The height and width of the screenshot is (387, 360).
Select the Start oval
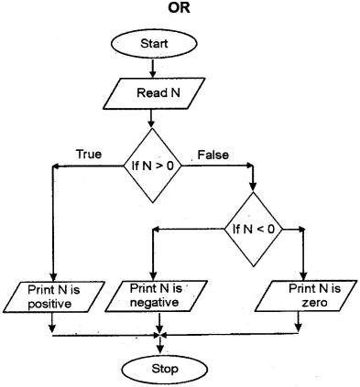pyautogui.click(x=161, y=43)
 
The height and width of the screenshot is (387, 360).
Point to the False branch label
pyautogui.click(x=213, y=153)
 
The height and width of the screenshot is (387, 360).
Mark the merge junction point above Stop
pyautogui.click(x=161, y=334)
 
